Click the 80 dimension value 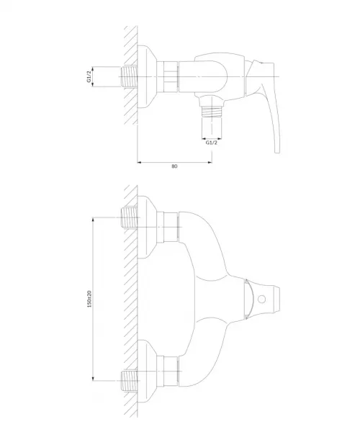[x=174, y=166]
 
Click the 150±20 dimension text [x=89, y=299]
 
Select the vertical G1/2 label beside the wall [x=89, y=76]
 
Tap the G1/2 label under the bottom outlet [x=212, y=143]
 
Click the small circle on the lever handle [x=261, y=300]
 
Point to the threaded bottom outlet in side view [x=212, y=112]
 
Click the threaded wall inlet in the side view [x=129, y=76]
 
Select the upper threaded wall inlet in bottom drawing [x=129, y=217]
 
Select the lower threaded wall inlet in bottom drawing [x=129, y=380]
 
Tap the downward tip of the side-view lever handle [x=277, y=151]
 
